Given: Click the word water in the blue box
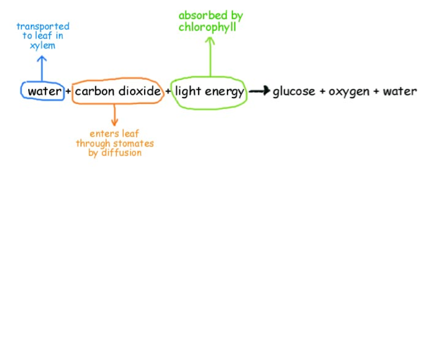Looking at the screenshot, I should pyautogui.click(x=44, y=91).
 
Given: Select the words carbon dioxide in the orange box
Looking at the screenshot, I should pyautogui.click(x=117, y=91).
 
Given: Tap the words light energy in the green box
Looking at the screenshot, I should pyautogui.click(x=209, y=91).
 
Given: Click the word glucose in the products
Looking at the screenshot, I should pyautogui.click(x=294, y=92).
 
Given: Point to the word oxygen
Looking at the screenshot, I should pyautogui.click(x=349, y=92).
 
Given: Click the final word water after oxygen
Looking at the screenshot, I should pyautogui.click(x=400, y=91).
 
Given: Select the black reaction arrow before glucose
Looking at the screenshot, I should pyautogui.click(x=259, y=91).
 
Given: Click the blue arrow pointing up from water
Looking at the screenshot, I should pyautogui.click(x=42, y=69).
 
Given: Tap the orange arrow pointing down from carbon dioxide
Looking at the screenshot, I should pyautogui.click(x=115, y=115).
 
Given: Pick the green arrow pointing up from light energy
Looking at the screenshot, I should pyautogui.click(x=209, y=56).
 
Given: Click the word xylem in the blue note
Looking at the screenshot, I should pyautogui.click(x=42, y=46).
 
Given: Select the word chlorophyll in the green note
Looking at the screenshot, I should pyautogui.click(x=207, y=27).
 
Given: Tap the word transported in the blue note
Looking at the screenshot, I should pyautogui.click(x=43, y=27).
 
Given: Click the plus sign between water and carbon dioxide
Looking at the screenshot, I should pyautogui.click(x=68, y=92).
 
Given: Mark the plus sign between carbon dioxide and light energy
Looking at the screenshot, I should pyautogui.click(x=169, y=92).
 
